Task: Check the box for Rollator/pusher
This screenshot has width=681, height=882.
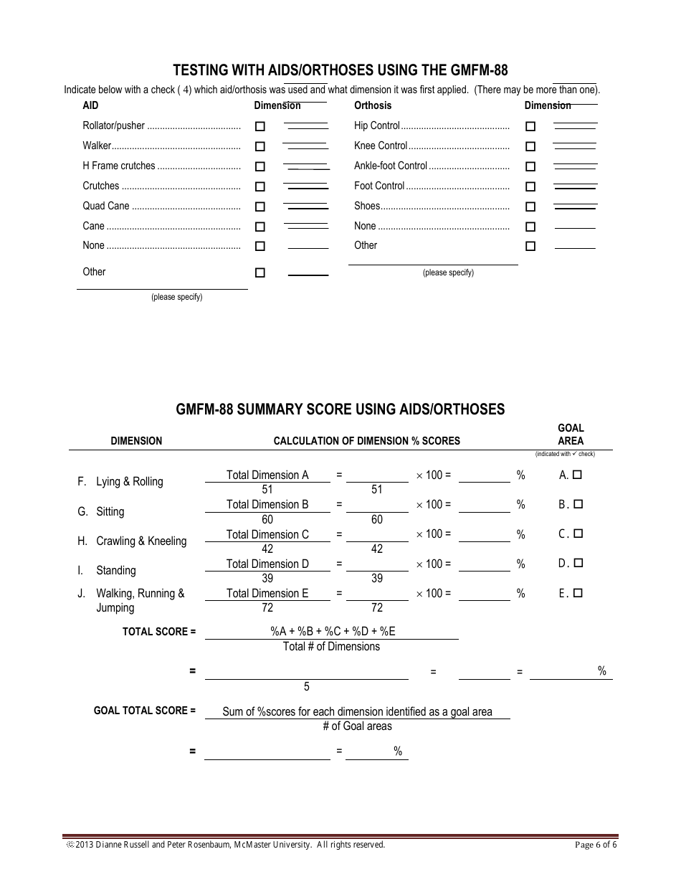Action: coord(260,126)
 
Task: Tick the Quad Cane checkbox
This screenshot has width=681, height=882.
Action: coord(260,207)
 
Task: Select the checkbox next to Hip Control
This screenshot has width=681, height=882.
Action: coord(530,126)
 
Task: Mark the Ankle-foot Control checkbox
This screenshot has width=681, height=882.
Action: coord(530,166)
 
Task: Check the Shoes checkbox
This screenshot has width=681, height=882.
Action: coord(530,207)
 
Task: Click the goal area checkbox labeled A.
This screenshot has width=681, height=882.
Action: coord(578,475)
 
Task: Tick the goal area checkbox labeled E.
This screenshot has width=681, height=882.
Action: coord(578,593)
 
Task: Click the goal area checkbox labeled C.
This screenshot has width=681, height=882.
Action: coord(578,534)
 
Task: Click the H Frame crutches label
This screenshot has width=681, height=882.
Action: coord(119,166)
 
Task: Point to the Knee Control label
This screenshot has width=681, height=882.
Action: coord(381,146)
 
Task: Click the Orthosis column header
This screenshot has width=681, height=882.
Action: coord(373,105)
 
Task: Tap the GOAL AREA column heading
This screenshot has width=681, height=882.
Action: coord(571,435)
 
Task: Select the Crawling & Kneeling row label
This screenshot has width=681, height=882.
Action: coord(141,541)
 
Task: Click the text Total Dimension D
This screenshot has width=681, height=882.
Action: coord(267,564)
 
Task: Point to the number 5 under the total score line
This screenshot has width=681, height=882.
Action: coord(307,687)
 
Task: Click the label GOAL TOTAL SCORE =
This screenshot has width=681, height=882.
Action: coord(145,711)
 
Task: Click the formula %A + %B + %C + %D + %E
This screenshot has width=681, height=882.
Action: coord(333,631)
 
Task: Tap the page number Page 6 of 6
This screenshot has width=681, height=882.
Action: coord(596,845)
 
